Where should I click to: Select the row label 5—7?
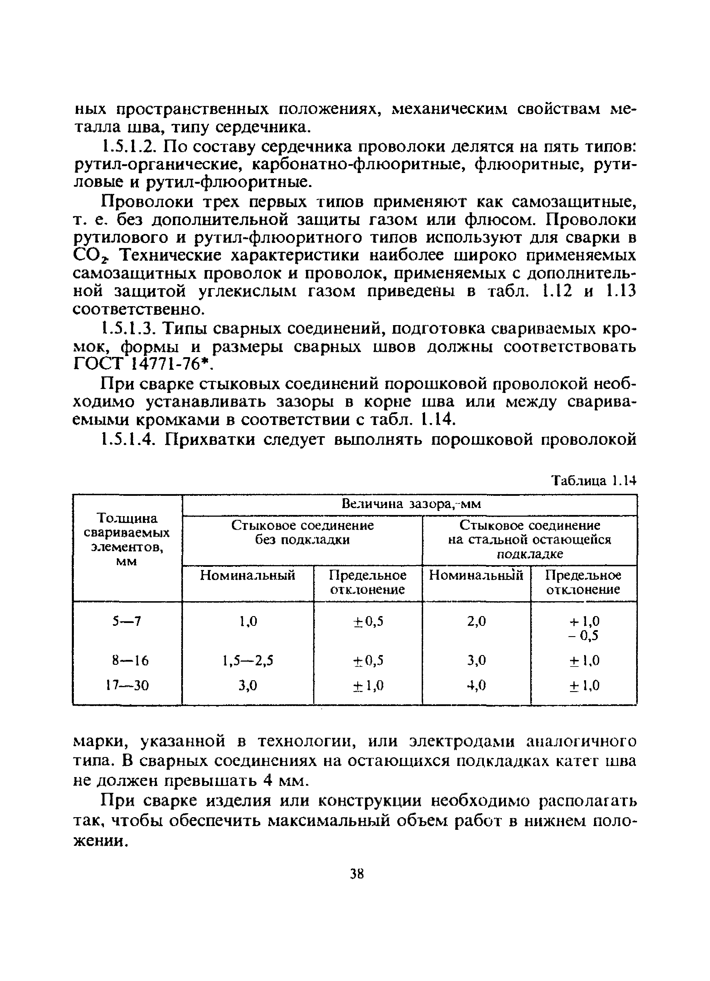[x=127, y=622]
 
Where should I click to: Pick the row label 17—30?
[x=127, y=685]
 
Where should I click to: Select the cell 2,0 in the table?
[x=476, y=622]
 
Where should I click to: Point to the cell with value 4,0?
[x=476, y=685]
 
